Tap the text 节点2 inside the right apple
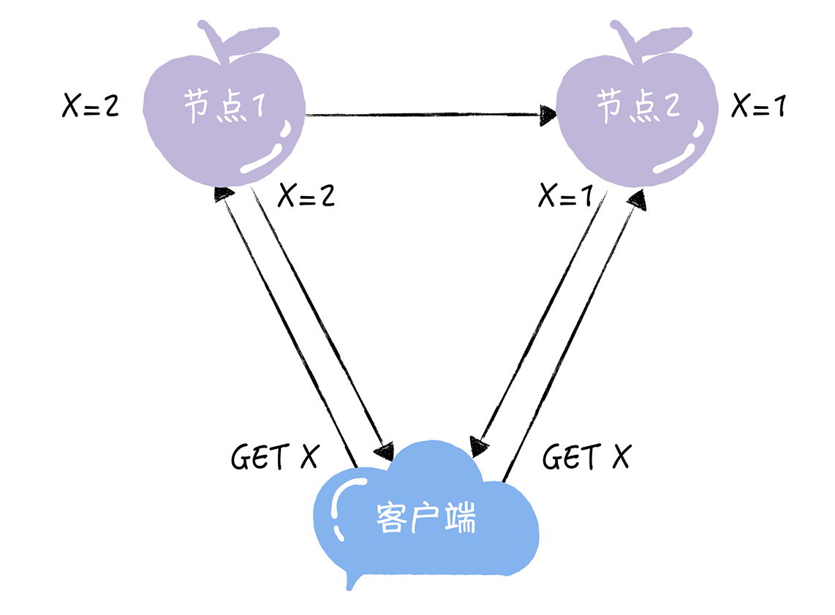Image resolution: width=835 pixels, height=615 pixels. (x=638, y=107)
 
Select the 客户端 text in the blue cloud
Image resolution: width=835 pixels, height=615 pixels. (x=426, y=518)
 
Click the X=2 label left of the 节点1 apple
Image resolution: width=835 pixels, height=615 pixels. (x=91, y=106)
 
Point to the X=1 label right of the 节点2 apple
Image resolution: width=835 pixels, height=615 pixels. (x=759, y=106)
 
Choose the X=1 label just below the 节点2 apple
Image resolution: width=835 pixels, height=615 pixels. (x=566, y=195)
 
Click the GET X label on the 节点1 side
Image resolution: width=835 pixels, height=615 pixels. (x=275, y=458)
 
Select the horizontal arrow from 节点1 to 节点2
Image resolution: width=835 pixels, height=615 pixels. (x=424, y=114)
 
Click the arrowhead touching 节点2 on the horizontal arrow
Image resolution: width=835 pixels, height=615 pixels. (x=548, y=113)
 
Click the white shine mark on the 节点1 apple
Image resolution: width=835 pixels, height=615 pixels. (x=268, y=158)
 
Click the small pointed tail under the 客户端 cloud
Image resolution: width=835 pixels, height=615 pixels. (x=352, y=581)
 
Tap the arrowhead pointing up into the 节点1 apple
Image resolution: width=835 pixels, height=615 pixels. (x=224, y=193)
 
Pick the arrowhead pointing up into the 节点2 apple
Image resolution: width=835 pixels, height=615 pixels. (x=638, y=197)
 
